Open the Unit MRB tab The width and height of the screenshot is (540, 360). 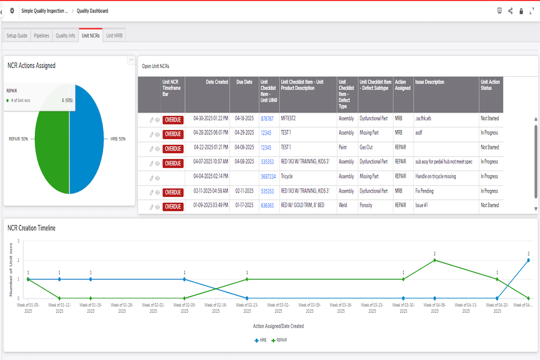coord(114,36)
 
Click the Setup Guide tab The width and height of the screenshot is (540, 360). coord(17,36)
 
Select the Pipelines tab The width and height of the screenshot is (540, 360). coord(41,36)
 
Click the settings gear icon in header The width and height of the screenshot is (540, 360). coord(12,10)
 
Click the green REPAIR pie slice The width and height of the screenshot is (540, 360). coord(52,153)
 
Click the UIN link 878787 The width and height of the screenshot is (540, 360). coord(267,119)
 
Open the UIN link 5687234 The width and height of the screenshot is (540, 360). coord(268,177)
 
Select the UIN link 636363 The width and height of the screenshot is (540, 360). coord(267,206)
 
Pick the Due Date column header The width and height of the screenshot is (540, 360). coord(244,82)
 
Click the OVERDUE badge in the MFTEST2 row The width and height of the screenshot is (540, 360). coord(173,120)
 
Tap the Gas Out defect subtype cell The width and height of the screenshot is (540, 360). coord(366,147)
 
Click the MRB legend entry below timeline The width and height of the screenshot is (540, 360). coord(261,340)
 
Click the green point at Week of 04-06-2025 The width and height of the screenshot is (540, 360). coord(435,260)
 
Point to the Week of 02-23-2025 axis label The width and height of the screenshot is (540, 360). coord(247,308)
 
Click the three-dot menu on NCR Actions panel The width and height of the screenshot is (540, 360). coord(131,59)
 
